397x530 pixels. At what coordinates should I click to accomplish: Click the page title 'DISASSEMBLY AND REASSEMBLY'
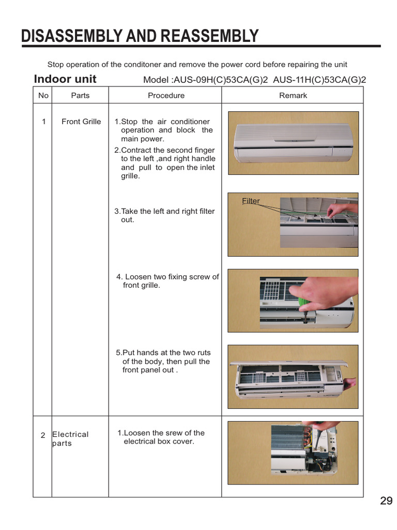(140, 36)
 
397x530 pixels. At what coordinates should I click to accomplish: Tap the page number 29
(386, 501)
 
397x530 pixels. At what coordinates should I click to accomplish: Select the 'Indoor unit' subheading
(65, 79)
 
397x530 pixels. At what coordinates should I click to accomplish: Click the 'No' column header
(43, 95)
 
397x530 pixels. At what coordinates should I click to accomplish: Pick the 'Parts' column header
(80, 95)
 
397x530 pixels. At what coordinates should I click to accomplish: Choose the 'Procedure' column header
(166, 95)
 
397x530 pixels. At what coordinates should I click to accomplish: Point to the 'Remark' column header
(293, 95)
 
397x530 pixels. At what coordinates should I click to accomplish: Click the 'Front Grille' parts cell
(81, 122)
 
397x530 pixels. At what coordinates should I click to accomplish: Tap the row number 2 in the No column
(43, 435)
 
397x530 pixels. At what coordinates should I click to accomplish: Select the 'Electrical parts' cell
(70, 439)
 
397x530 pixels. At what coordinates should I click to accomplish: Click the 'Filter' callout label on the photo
(251, 201)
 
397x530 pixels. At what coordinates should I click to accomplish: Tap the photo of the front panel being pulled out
(293, 376)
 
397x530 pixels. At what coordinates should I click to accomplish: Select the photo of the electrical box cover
(293, 453)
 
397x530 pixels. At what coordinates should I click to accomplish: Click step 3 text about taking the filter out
(164, 215)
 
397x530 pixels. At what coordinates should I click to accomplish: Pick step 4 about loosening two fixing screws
(167, 281)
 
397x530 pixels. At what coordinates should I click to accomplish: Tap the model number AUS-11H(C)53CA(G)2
(319, 80)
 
